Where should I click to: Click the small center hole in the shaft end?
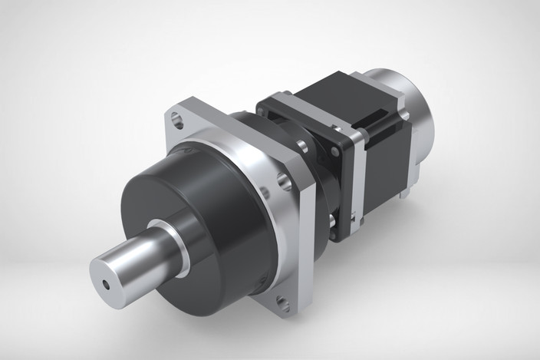point(107,282)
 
